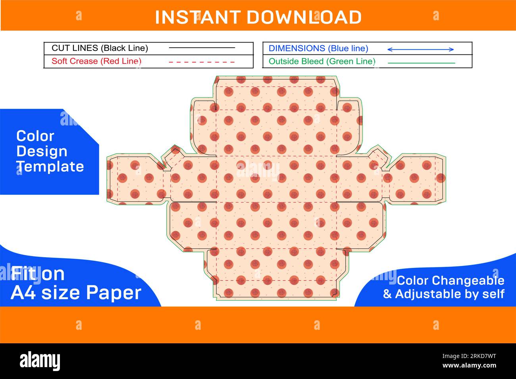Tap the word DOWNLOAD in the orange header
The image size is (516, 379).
pyautogui.click(x=304, y=17)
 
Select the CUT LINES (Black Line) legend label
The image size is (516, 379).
pyautogui.click(x=100, y=48)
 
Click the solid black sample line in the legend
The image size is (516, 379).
pyautogui.click(x=202, y=48)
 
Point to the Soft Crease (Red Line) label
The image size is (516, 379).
pyautogui.click(x=96, y=61)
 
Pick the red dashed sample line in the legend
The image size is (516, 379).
pyautogui.click(x=202, y=62)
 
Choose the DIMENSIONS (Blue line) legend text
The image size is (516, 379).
pyautogui.click(x=318, y=48)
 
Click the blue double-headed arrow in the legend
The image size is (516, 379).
pyautogui.click(x=420, y=49)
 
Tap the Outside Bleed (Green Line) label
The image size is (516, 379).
pyautogui.click(x=322, y=62)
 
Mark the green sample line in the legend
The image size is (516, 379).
pyautogui.click(x=422, y=63)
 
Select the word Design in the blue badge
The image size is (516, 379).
pyautogui.click(x=42, y=152)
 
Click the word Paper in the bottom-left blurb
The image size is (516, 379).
pyautogui.click(x=114, y=293)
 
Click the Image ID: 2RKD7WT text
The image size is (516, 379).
pyautogui.click(x=469, y=356)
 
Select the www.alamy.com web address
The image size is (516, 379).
pyautogui.click(x=469, y=366)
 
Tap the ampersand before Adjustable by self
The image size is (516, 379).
pyautogui.click(x=387, y=294)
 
